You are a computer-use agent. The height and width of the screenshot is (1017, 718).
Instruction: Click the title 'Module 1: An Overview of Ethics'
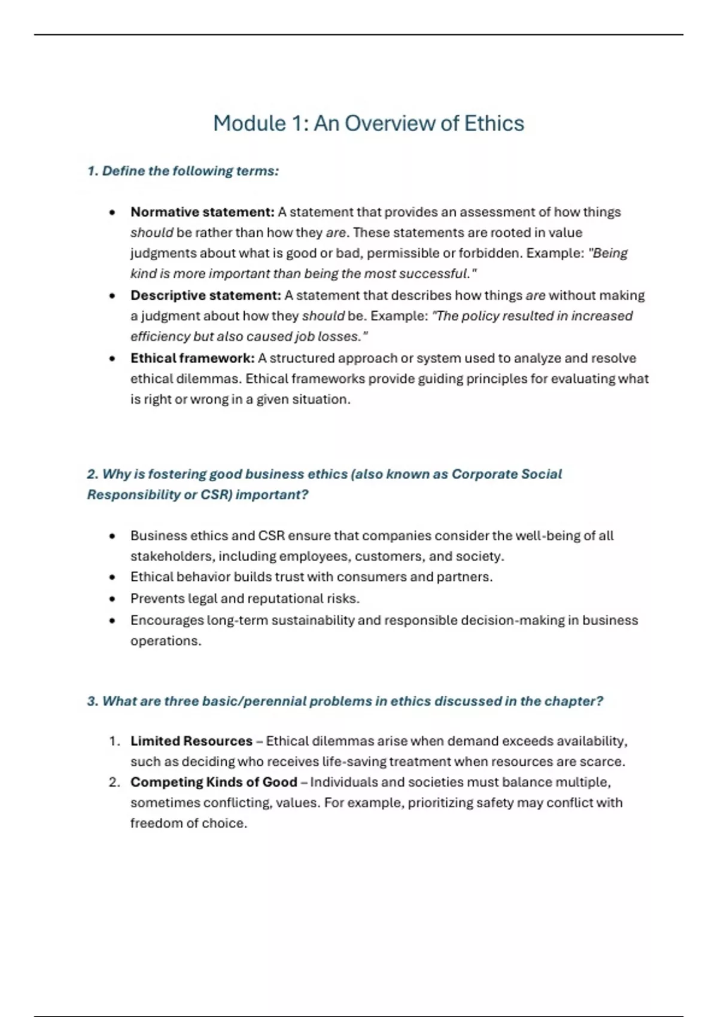tap(369, 123)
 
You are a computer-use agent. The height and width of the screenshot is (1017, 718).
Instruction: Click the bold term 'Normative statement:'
tap(202, 212)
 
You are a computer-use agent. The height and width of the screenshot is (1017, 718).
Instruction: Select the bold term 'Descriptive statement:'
tap(205, 296)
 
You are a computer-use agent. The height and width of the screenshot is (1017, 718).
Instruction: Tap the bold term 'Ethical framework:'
tap(192, 358)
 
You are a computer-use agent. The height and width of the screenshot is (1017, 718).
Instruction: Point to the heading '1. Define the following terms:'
tap(183, 171)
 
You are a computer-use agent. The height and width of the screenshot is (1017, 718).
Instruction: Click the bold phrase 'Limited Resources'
tap(191, 741)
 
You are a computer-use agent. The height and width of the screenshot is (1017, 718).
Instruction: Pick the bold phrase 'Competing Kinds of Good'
tap(214, 782)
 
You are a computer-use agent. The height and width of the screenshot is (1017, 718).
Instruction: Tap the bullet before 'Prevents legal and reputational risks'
tap(112, 599)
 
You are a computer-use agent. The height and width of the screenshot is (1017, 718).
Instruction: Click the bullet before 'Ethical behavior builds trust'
tap(112, 577)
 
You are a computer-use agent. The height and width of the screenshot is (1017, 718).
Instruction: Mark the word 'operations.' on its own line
tap(166, 641)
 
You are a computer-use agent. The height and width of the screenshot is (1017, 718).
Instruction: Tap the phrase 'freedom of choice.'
tap(188, 823)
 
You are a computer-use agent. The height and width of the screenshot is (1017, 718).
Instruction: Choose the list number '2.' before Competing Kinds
tap(114, 782)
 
